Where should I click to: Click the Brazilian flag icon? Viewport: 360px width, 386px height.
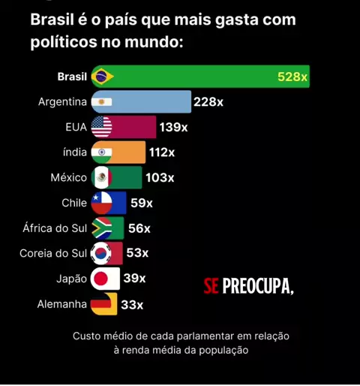click(x=103, y=77)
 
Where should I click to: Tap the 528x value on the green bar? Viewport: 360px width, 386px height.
click(x=292, y=77)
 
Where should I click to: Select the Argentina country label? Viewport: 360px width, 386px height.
click(x=62, y=102)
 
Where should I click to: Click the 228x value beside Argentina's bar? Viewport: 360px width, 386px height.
click(x=208, y=102)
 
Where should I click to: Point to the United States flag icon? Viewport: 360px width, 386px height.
click(x=101, y=127)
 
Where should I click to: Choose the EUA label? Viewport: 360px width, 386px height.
click(x=76, y=127)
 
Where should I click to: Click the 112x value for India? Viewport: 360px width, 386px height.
click(x=162, y=152)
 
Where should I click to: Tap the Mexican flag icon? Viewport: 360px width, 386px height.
click(x=101, y=177)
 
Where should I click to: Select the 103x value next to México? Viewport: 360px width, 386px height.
click(x=160, y=178)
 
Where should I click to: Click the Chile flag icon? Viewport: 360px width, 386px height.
click(x=101, y=203)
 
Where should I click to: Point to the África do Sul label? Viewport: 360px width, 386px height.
click(x=55, y=228)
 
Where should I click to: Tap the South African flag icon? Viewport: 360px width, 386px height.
click(x=101, y=228)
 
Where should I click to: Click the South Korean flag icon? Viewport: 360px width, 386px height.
click(x=101, y=253)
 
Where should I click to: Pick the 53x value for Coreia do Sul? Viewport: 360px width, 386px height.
click(x=137, y=253)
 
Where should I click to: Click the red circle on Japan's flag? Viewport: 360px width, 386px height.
click(x=100, y=279)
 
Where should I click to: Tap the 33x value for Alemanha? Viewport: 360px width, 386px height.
click(x=132, y=305)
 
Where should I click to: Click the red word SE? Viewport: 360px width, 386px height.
click(x=211, y=286)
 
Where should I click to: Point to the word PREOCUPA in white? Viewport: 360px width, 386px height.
click(x=258, y=286)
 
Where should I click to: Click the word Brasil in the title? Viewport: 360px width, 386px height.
click(x=52, y=20)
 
